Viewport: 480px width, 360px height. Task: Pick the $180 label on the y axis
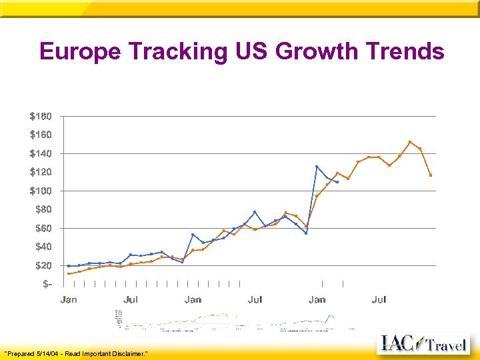pyautogui.click(x=41, y=116)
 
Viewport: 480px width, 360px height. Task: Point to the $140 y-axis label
pyautogui.click(x=41, y=153)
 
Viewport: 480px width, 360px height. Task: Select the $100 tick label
pyautogui.click(x=41, y=191)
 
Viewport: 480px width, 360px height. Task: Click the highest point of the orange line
pyautogui.click(x=410, y=142)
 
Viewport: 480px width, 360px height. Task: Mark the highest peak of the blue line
pyautogui.click(x=317, y=166)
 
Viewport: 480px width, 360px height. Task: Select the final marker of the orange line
pyautogui.click(x=431, y=175)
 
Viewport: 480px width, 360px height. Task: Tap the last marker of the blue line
pyautogui.click(x=337, y=182)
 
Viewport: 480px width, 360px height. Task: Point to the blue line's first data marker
pyautogui.click(x=69, y=266)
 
